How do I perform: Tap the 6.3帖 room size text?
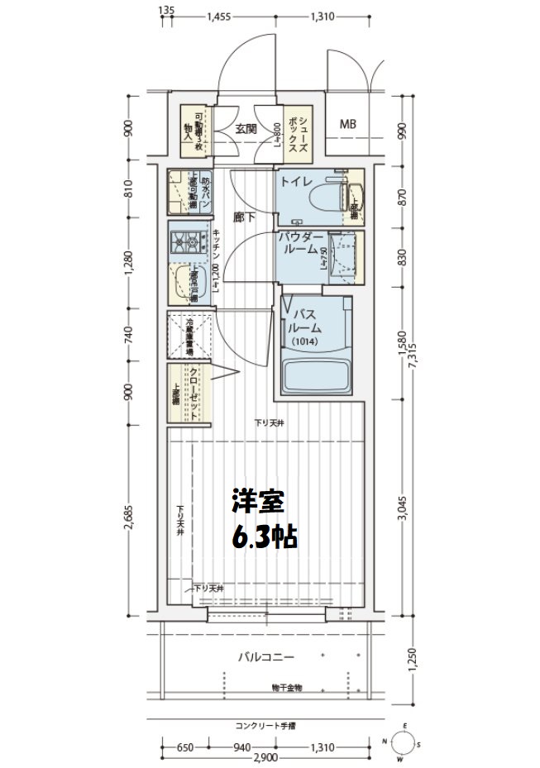click(264, 537)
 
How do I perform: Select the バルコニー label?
click(266, 657)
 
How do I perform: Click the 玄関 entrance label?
click(246, 129)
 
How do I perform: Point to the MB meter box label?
click(348, 125)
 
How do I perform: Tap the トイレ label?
click(295, 181)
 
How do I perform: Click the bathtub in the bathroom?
click(318, 373)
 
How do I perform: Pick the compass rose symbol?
click(403, 743)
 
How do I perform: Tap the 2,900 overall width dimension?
click(265, 759)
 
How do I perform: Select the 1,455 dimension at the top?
click(220, 16)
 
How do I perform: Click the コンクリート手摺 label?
click(265, 726)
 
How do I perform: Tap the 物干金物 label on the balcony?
click(286, 687)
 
